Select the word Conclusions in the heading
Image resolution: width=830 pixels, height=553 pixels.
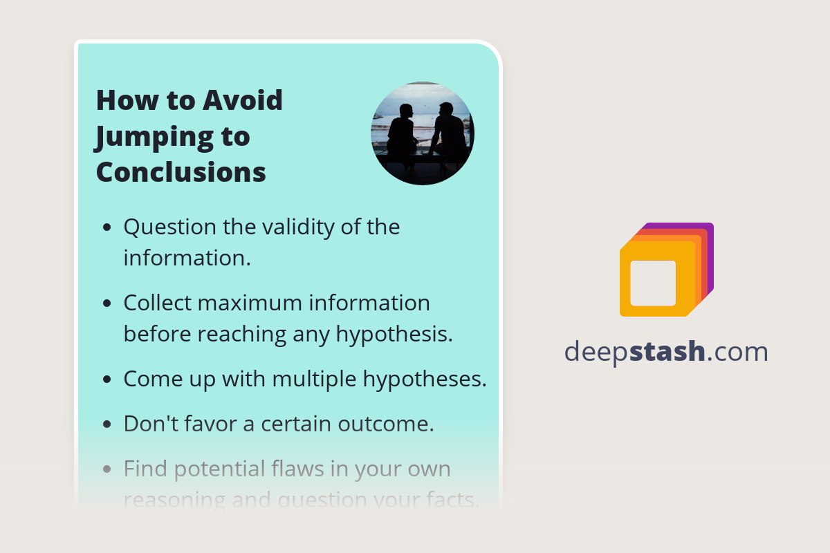point(181,172)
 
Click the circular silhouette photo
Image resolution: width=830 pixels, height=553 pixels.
point(423,133)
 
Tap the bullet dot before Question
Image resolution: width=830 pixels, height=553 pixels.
point(107,227)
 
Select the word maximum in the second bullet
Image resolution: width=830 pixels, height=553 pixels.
point(255,303)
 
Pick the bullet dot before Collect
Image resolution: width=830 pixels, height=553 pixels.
point(107,303)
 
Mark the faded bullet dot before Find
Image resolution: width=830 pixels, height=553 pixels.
point(107,469)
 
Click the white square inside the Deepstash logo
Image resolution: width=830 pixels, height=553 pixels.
point(653,283)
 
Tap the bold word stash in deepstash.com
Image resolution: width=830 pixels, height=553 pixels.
point(669,352)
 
